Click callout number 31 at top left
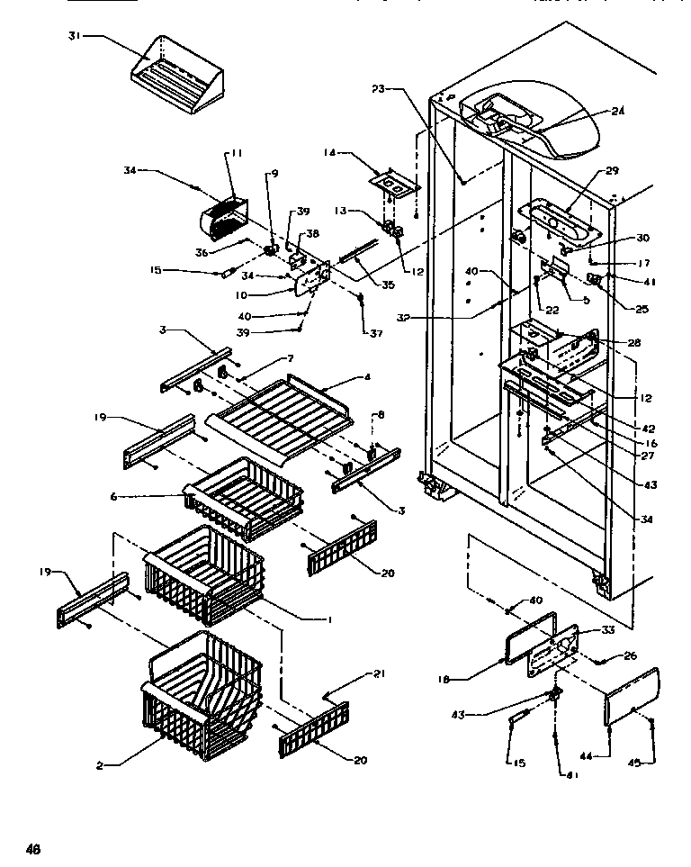click(x=75, y=36)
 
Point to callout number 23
click(x=378, y=87)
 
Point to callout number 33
click(x=608, y=630)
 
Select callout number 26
click(x=629, y=655)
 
